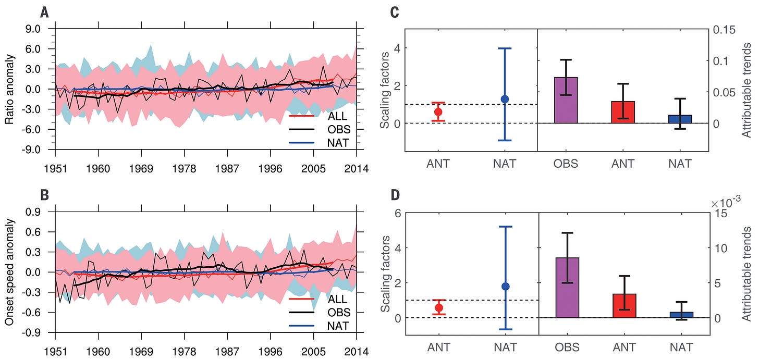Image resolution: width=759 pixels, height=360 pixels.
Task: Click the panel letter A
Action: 45,11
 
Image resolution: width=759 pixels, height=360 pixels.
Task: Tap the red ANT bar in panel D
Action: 624,305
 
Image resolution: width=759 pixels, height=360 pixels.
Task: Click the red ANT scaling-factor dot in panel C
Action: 438,111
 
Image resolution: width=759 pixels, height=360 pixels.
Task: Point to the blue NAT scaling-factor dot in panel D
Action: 505,286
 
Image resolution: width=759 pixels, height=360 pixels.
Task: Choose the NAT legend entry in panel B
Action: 338,326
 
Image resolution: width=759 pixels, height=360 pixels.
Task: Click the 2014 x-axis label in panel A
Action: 357,168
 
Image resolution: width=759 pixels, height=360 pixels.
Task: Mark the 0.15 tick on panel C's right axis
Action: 726,30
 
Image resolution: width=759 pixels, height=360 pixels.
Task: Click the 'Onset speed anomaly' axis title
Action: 10,272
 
